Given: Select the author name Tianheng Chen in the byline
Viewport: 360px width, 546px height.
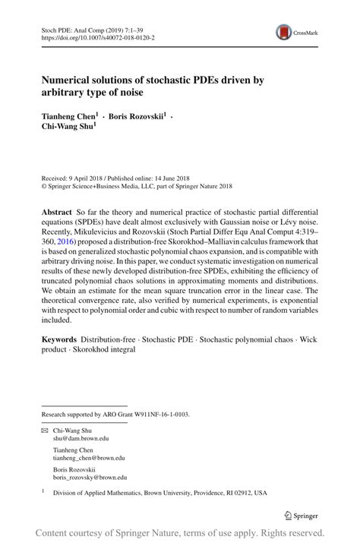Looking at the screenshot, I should (68, 118).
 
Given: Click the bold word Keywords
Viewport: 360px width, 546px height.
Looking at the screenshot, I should (58, 338).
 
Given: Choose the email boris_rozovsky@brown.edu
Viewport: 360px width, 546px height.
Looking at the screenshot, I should (90, 477).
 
